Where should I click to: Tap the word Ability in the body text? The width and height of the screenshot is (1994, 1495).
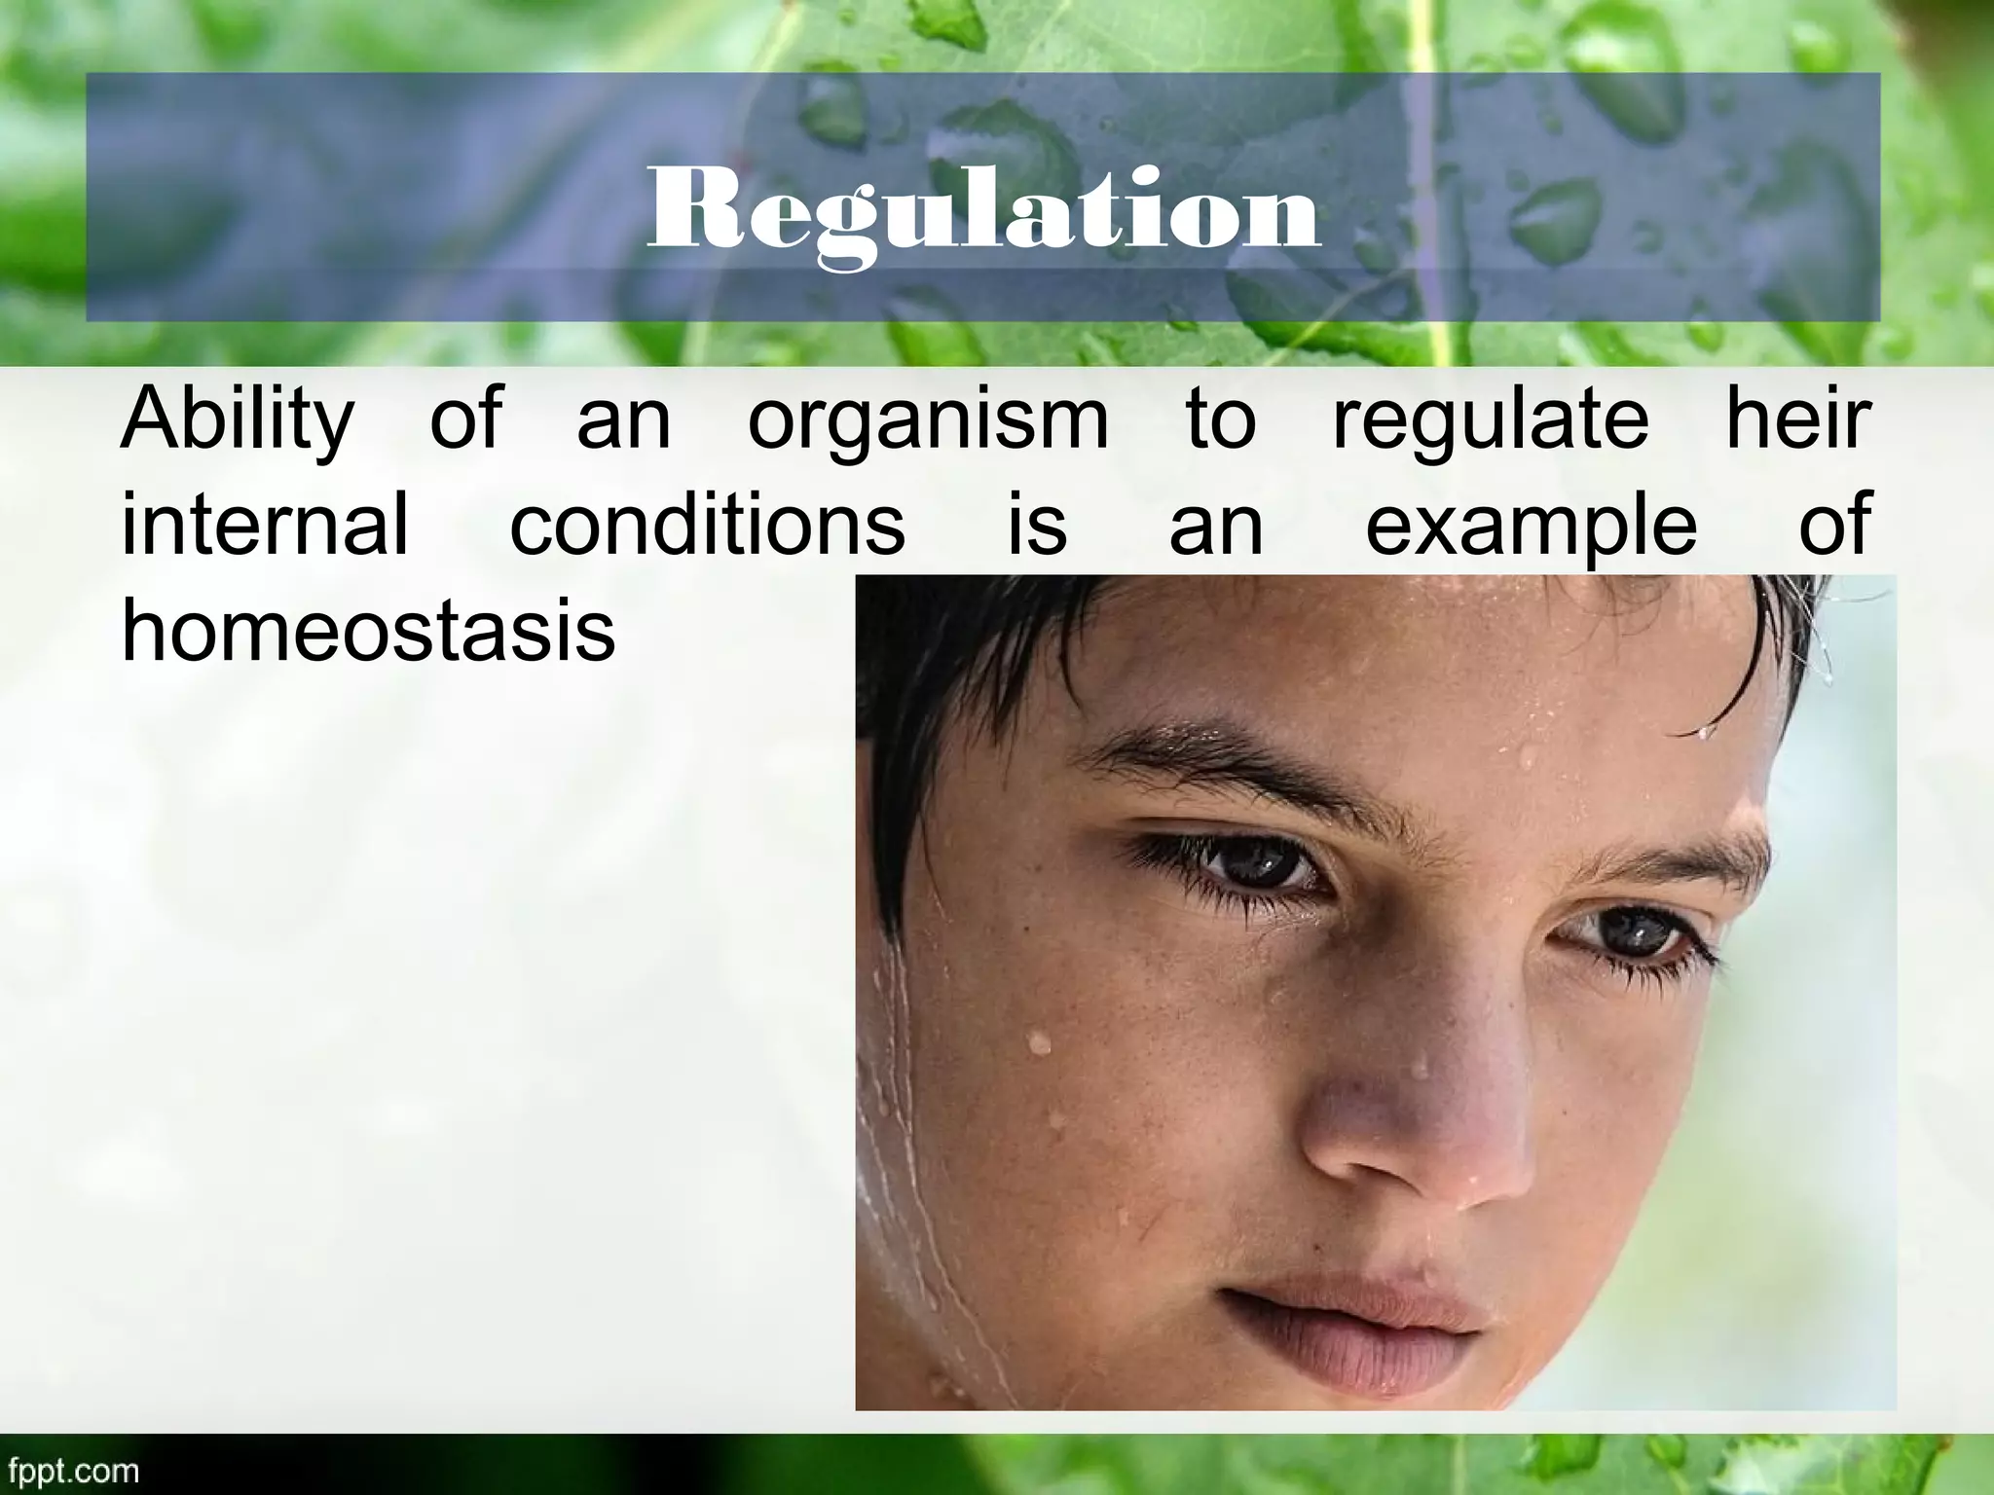click(x=237, y=420)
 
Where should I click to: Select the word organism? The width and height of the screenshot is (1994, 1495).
click(x=928, y=420)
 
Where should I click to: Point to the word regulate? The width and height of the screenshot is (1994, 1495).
click(x=1490, y=420)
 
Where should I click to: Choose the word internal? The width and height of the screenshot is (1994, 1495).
click(x=264, y=525)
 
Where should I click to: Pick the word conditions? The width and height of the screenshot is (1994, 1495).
click(x=707, y=525)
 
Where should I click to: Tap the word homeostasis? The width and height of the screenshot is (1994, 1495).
click(x=368, y=630)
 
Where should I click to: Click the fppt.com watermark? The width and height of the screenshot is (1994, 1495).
click(x=70, y=1470)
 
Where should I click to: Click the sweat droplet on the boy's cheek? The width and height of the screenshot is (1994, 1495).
click(x=1040, y=1044)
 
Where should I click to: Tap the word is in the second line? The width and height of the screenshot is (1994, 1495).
click(x=1037, y=525)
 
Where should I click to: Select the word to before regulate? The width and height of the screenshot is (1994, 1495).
click(x=1221, y=420)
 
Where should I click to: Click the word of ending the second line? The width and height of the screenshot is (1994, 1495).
click(x=1833, y=525)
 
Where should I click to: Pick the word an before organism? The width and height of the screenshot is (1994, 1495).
click(x=624, y=420)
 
